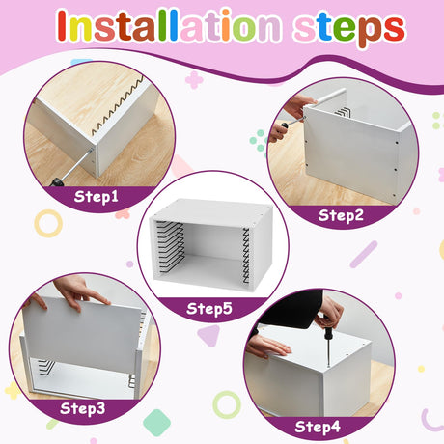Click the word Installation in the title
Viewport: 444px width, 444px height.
(x=169, y=26)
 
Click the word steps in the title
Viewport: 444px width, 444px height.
(x=349, y=28)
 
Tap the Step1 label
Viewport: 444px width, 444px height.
(x=97, y=197)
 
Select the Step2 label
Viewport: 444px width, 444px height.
(x=341, y=215)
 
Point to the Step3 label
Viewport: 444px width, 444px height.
(x=83, y=408)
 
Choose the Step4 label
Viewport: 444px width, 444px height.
(x=318, y=427)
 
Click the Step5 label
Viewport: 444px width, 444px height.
(x=209, y=308)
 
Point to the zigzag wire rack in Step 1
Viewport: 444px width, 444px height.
(x=118, y=105)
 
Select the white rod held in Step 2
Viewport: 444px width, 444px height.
(x=329, y=97)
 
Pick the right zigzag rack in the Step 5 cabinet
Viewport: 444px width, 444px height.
(x=246, y=256)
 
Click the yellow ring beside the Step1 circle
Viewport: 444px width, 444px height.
(x=48, y=224)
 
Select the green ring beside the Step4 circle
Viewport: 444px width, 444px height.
(x=227, y=404)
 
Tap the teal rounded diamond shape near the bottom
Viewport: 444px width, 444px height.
(x=156, y=423)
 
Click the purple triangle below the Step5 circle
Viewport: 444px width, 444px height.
(x=209, y=335)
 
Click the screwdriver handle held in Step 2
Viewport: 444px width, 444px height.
(x=285, y=125)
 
